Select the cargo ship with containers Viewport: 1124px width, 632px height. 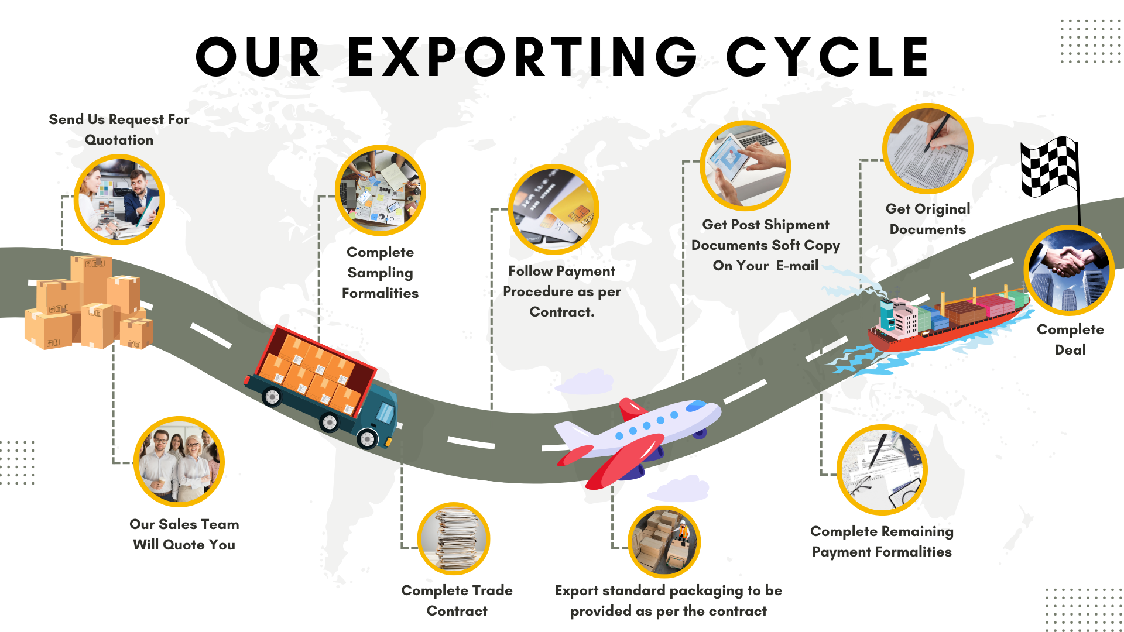coord(948,319)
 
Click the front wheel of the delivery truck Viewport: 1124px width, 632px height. coord(367,438)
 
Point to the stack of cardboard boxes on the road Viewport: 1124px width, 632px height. coord(88,304)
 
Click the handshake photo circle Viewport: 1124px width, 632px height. coord(1068,270)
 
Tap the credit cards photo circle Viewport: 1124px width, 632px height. coord(553,209)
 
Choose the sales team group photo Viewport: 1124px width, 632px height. coord(179,462)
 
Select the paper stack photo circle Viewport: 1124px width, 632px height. coord(454,539)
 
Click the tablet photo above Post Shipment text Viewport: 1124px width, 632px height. coord(745,166)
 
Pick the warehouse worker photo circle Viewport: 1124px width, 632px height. coord(664,542)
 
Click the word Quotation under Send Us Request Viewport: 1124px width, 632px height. coord(119,140)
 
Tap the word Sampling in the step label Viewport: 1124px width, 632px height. coord(380,273)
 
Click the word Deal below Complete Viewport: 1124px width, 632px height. coord(1070,350)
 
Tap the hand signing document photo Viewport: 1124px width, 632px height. coord(928,149)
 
